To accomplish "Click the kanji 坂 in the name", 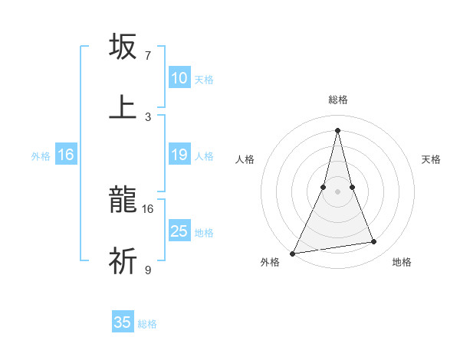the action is click(123, 47).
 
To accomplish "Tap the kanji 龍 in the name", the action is click(123, 201).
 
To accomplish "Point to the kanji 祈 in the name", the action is click(123, 261).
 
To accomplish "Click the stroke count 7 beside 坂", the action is click(147, 56).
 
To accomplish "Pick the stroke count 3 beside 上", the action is click(147, 116).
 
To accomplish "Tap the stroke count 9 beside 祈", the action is click(147, 270).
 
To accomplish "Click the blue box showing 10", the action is click(179, 78).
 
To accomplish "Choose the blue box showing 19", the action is click(179, 155).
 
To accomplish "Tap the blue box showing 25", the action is click(179, 231).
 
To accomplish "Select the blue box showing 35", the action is click(123, 322).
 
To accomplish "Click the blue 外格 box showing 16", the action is click(66, 155).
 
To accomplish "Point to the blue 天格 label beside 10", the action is click(204, 79).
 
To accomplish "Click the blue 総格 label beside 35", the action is click(147, 323).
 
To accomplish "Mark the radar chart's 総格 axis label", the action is click(337, 100).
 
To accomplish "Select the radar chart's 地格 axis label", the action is click(402, 262).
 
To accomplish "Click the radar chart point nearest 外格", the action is click(293, 253).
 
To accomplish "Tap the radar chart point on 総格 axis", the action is click(337, 130).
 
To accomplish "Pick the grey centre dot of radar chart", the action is click(337, 191).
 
